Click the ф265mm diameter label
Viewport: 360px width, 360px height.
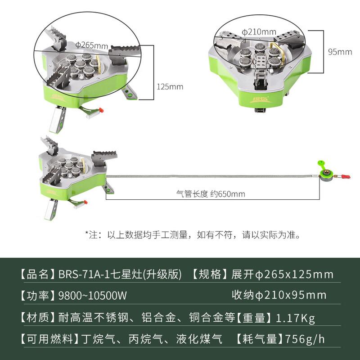point(92,45)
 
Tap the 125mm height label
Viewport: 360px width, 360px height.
point(170,86)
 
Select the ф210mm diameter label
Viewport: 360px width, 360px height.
point(259,32)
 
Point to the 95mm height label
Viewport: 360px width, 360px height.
point(340,52)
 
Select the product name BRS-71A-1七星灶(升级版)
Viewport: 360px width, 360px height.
point(120,274)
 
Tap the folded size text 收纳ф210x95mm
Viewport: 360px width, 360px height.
point(279,295)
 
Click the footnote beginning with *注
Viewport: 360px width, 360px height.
point(193,234)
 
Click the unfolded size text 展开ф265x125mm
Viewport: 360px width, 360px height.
point(283,274)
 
